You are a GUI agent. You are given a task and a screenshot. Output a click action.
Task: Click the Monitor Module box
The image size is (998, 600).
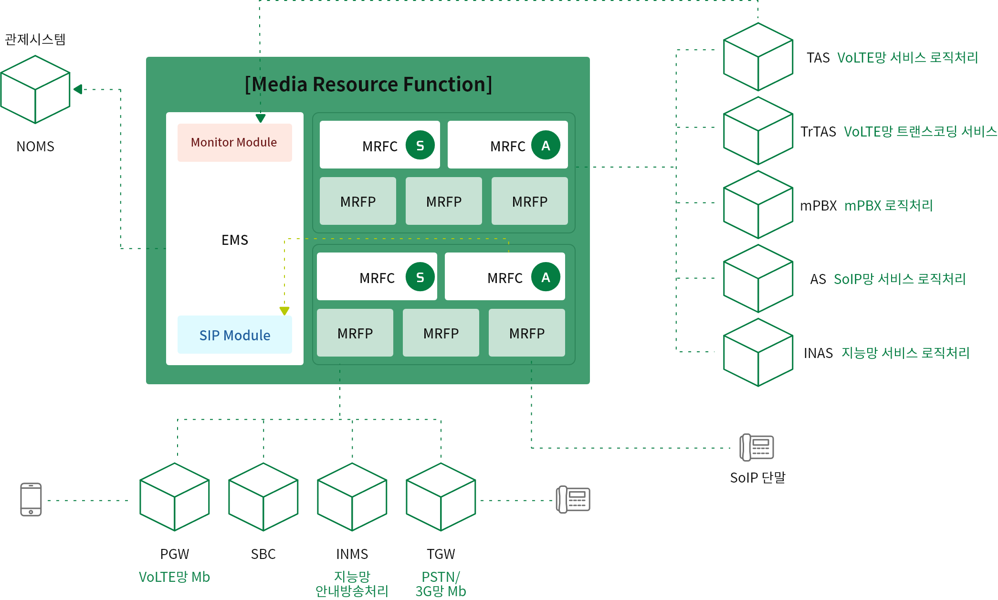[x=234, y=142]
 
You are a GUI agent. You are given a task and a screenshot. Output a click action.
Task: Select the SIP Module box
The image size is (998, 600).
[x=234, y=335]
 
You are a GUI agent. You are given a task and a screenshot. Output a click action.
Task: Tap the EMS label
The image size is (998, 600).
[x=235, y=240]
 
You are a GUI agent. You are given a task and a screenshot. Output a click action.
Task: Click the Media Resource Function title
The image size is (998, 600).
[x=368, y=84]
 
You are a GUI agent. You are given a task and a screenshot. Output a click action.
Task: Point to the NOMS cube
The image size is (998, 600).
[x=35, y=89]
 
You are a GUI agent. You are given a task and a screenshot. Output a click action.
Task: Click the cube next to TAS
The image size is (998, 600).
[x=758, y=57]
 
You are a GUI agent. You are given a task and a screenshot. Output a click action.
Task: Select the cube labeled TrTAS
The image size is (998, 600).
[x=758, y=131]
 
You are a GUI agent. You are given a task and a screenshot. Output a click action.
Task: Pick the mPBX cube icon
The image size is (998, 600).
[x=758, y=205]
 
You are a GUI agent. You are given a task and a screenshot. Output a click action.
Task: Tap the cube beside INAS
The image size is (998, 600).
[x=758, y=352]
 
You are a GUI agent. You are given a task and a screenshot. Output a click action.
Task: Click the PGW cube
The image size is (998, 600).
[x=175, y=497]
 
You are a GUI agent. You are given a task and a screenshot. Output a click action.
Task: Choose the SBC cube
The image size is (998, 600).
[x=263, y=497]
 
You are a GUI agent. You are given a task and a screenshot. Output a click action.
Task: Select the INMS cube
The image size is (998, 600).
[x=352, y=497]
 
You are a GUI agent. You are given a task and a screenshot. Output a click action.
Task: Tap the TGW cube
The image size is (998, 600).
[x=441, y=497]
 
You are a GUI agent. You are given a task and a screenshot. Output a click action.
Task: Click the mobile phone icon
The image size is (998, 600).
[x=31, y=499]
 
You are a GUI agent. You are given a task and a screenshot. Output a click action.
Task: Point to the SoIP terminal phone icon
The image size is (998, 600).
[x=756, y=447]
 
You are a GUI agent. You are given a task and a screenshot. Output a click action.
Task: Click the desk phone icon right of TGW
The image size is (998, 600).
[x=573, y=499]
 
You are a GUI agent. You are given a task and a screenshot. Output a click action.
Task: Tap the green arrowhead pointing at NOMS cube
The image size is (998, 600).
[x=78, y=89]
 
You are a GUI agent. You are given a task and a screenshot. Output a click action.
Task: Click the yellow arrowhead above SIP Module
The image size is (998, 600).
[x=284, y=311]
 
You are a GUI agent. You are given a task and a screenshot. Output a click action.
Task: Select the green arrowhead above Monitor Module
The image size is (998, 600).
[x=261, y=118]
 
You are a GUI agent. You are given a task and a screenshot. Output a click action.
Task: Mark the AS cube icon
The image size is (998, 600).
[x=758, y=279]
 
